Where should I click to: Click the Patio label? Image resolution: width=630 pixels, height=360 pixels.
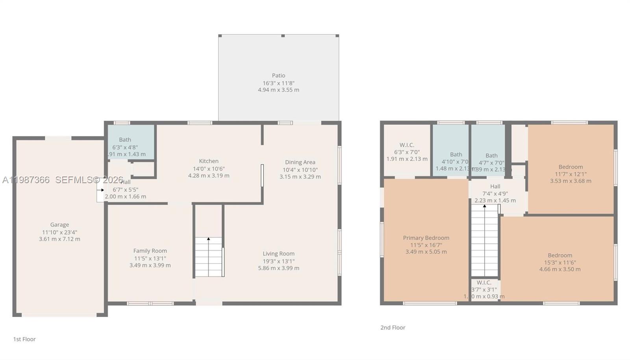pyautogui.click(x=278, y=76)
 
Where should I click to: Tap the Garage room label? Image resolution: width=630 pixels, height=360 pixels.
pyautogui.click(x=59, y=225)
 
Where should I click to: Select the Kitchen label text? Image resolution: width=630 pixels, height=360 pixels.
pyautogui.click(x=209, y=161)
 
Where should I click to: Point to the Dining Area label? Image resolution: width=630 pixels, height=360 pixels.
pyautogui.click(x=300, y=162)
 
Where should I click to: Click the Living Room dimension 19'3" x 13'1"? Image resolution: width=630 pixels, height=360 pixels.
pyautogui.click(x=278, y=261)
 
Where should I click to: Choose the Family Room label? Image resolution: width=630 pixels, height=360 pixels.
pyautogui.click(x=150, y=251)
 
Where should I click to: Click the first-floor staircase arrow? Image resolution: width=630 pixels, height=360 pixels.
pyautogui.click(x=209, y=239)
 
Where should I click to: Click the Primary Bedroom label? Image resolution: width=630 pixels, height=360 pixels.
pyautogui.click(x=426, y=238)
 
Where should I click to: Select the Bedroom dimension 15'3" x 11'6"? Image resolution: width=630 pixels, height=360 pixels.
pyautogui.click(x=560, y=263)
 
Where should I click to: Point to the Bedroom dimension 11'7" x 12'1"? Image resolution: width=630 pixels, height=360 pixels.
pyautogui.click(x=571, y=174)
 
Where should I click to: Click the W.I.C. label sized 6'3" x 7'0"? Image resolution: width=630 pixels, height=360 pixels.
pyautogui.click(x=407, y=145)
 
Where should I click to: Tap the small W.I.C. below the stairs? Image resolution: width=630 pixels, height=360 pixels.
pyautogui.click(x=484, y=283)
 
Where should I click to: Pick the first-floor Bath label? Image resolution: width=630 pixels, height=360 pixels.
pyautogui.click(x=125, y=140)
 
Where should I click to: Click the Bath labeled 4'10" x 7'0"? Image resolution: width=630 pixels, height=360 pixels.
pyautogui.click(x=456, y=155)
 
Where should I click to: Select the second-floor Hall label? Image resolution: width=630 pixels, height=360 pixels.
pyautogui.click(x=495, y=187)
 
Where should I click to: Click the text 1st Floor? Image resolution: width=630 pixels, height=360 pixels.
pyautogui.click(x=24, y=339)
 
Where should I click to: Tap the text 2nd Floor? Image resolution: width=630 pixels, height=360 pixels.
pyautogui.click(x=393, y=328)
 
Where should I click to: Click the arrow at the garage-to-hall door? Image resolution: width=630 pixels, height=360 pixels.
pyautogui.click(x=100, y=190)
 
